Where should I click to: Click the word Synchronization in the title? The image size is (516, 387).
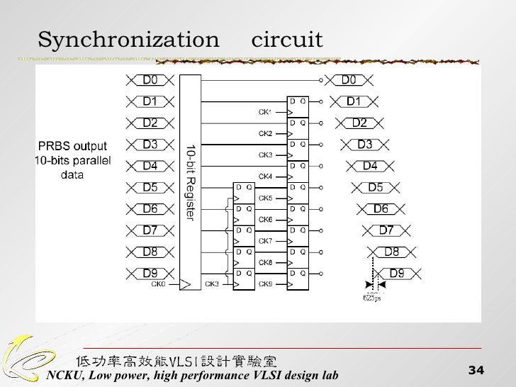pos(128,40)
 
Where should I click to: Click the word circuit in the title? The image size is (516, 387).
pos(287,40)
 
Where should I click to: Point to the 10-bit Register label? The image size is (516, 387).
pos(191,181)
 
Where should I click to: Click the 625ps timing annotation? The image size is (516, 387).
pos(371,297)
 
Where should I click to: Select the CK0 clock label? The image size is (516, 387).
pos(158,284)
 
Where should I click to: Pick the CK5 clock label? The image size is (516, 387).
pos(265,198)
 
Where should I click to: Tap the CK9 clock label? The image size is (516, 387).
pos(265,284)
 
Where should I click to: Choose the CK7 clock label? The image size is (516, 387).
pos(265,241)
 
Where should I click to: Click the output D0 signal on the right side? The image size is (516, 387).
pos(352,80)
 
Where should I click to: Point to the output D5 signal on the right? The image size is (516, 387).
pos(375,188)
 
